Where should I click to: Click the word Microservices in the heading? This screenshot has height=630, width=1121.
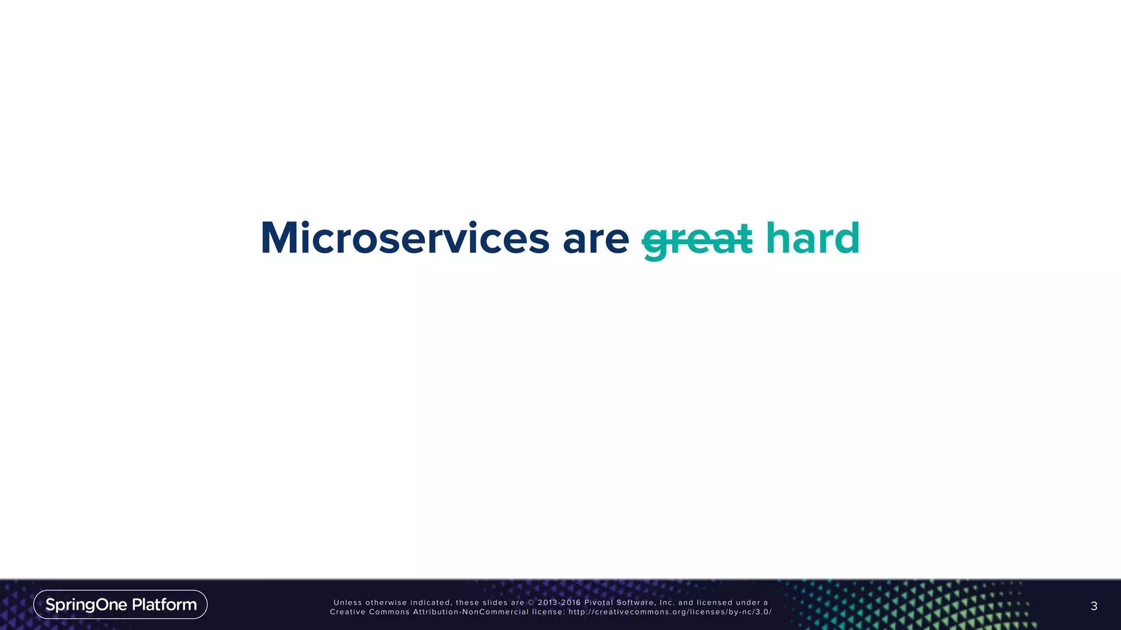coord(405,238)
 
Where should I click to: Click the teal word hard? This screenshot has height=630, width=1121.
coord(813,238)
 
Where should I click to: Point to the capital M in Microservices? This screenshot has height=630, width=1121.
coord(280,238)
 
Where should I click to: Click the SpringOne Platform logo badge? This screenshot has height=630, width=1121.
coord(120,604)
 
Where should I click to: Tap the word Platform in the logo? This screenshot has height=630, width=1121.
coord(164,604)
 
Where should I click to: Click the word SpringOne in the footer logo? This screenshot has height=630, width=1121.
coord(86,605)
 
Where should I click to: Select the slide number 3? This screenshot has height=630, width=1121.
coord(1094,606)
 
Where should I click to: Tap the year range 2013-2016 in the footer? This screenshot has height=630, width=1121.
coord(559,603)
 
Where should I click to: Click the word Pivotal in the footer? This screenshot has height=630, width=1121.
coord(598,603)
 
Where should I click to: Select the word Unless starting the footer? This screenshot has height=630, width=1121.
coord(348,603)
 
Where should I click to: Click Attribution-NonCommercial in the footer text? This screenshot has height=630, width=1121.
coord(471,612)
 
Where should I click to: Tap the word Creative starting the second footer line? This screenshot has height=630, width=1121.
coord(348,612)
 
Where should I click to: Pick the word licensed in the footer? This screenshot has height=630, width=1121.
coord(714,603)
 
